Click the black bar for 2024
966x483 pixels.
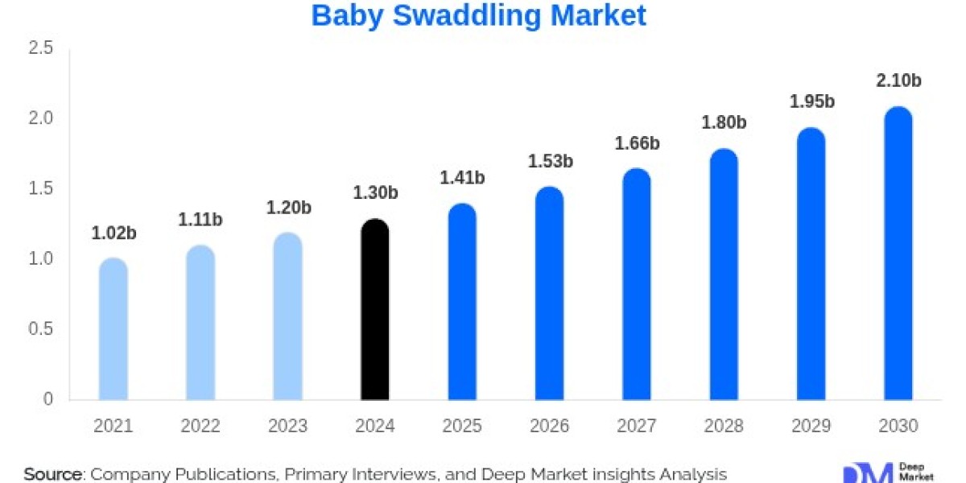(x=374, y=310)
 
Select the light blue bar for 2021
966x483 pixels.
(x=113, y=330)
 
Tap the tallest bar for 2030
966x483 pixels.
(x=898, y=254)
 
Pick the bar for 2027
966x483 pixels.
(x=637, y=286)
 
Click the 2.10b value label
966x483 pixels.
(x=898, y=80)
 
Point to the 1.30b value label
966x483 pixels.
(x=375, y=193)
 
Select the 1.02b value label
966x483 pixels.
(x=114, y=233)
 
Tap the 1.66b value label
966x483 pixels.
(x=637, y=143)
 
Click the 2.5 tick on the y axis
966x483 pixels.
(x=40, y=49)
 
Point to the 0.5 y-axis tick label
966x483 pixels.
(x=40, y=329)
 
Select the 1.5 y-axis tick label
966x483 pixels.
(x=40, y=189)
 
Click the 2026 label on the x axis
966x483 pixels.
(x=549, y=426)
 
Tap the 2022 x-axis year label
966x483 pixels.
(x=200, y=426)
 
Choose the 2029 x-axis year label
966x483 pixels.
(x=811, y=426)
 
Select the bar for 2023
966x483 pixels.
(x=287, y=318)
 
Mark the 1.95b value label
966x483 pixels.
(x=811, y=101)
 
